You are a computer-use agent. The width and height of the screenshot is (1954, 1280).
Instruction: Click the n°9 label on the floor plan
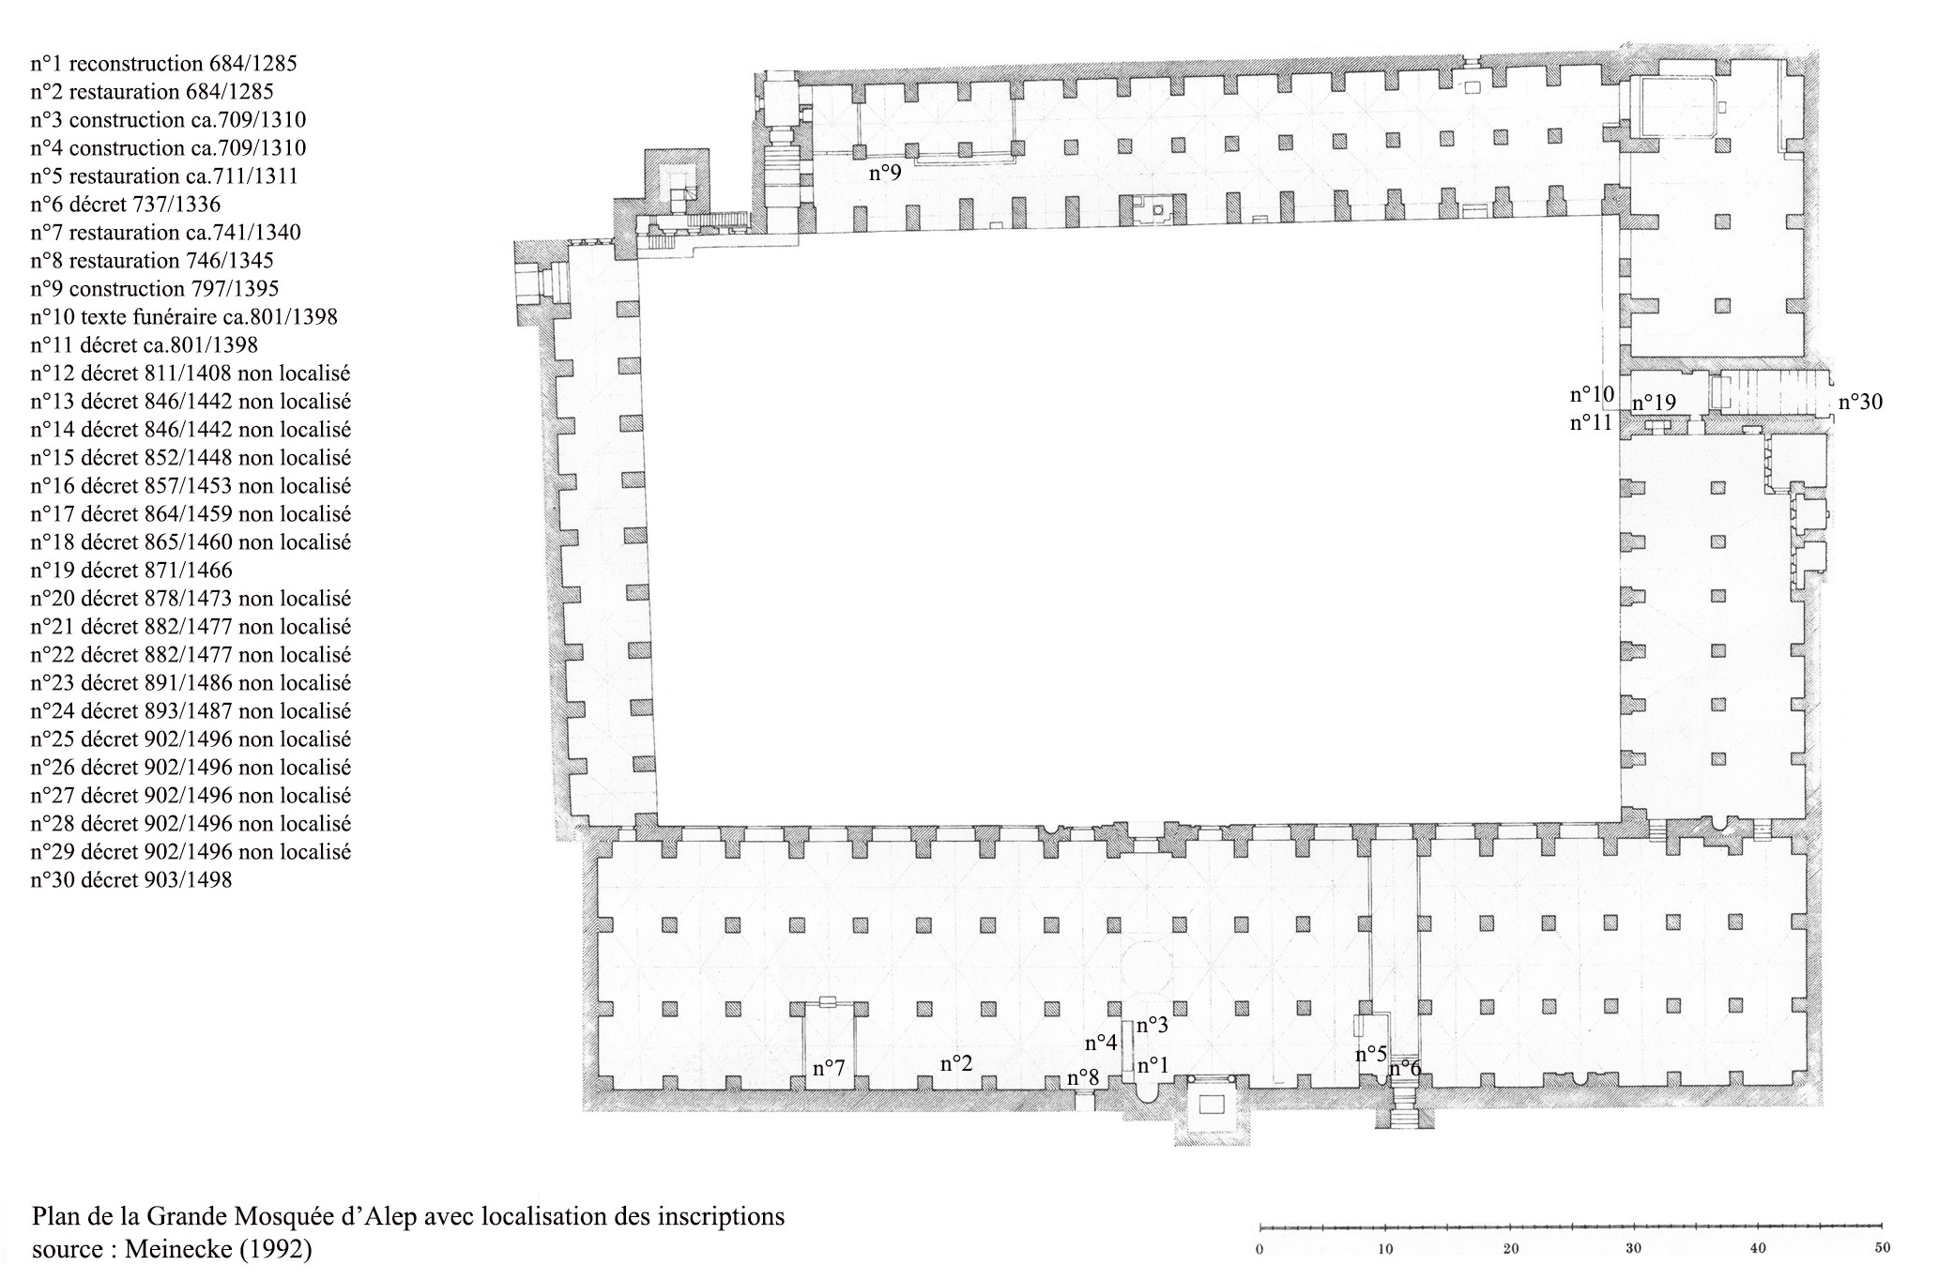[884, 173]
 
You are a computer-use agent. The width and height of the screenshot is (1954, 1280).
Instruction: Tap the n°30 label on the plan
[1860, 403]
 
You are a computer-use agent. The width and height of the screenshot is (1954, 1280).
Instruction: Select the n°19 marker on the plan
[1654, 404]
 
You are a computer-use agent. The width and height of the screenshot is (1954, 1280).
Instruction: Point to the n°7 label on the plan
[829, 1068]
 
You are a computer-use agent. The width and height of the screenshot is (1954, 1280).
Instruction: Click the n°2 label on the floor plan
[956, 1063]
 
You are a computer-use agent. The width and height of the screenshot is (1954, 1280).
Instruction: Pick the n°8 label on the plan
[1083, 1077]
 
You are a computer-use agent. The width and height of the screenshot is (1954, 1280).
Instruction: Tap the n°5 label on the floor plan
[1371, 1054]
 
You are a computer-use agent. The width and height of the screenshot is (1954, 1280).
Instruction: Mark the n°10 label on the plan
[1592, 394]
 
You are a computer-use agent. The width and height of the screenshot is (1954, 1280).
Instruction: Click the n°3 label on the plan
[1153, 1026]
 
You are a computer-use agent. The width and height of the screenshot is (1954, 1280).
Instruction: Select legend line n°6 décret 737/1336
[126, 205]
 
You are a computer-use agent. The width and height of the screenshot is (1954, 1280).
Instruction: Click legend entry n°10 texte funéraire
[184, 317]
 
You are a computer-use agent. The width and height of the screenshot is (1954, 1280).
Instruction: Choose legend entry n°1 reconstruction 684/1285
[163, 64]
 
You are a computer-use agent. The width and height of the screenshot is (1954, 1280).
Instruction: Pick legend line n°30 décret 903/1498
[131, 880]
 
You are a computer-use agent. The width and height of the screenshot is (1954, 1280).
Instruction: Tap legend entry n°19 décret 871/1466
[131, 571]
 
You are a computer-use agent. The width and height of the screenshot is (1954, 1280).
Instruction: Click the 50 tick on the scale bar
[1881, 1249]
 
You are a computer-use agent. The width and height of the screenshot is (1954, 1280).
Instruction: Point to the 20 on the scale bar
[1510, 1249]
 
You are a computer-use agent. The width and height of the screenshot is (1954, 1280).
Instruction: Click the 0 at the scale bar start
[1259, 1249]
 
